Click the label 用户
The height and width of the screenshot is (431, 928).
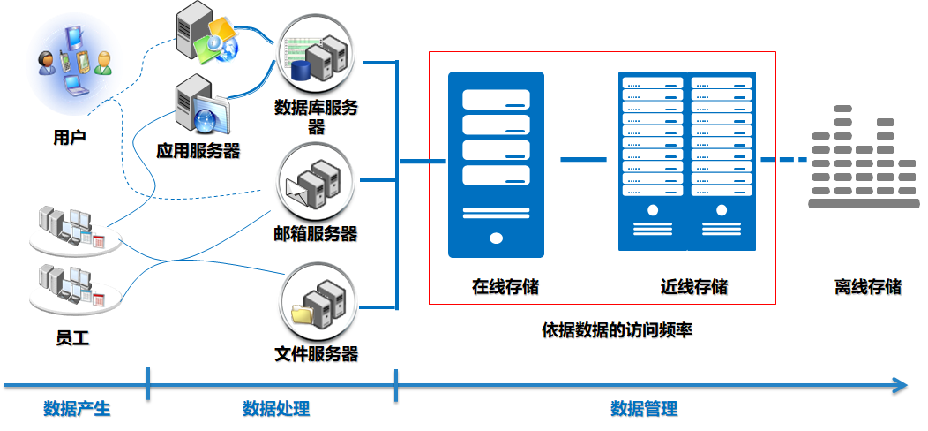click(70, 138)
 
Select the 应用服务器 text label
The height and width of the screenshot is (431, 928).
click(198, 150)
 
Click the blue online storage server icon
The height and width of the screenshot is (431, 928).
click(496, 164)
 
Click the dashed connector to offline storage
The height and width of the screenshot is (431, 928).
click(784, 160)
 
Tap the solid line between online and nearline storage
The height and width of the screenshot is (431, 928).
click(584, 160)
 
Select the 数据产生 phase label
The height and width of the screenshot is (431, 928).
click(78, 408)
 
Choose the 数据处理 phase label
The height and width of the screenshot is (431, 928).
click(276, 408)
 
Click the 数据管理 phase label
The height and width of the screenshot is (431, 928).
click(644, 408)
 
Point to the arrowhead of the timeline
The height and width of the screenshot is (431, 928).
click(900, 385)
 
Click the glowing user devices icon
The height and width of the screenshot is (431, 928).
click(74, 63)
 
